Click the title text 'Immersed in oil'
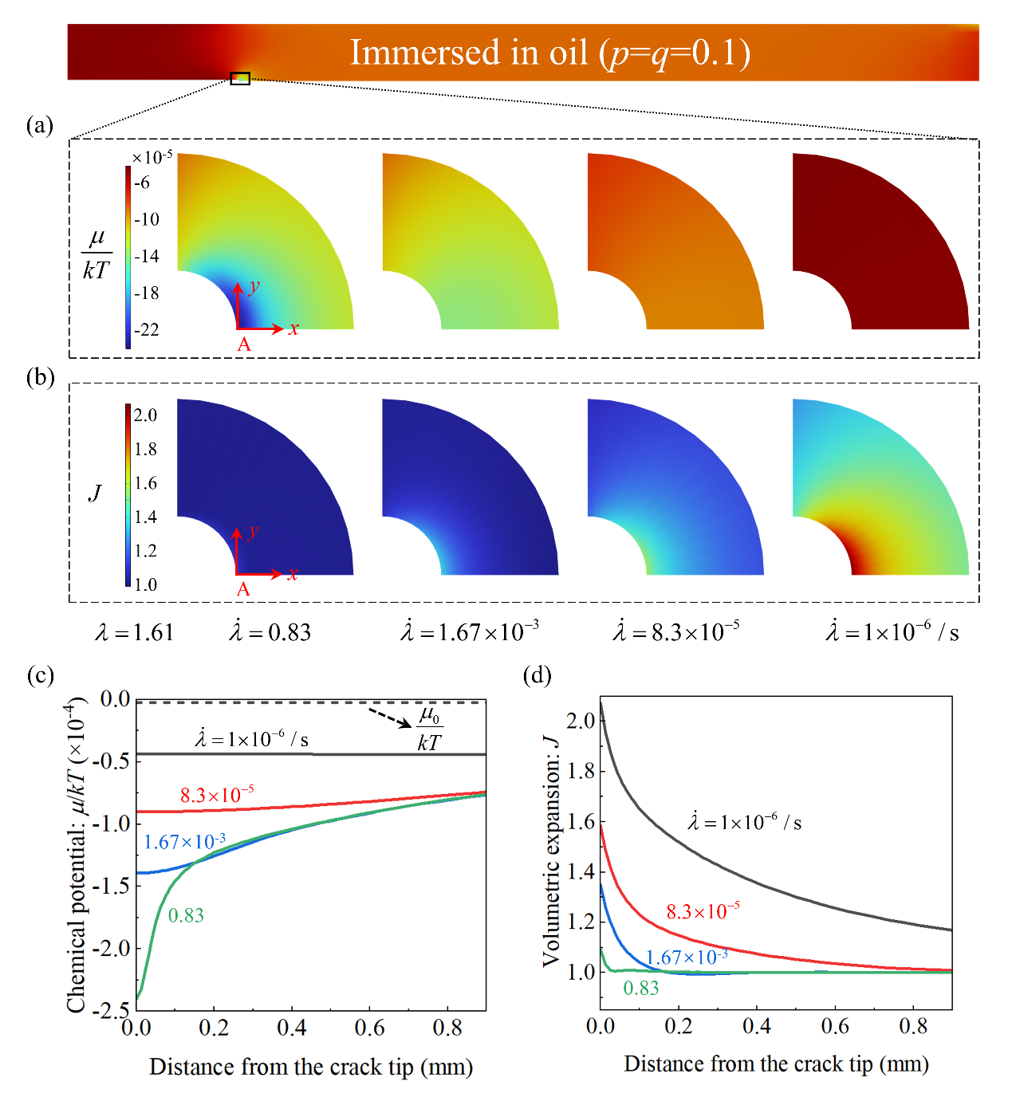point(469,53)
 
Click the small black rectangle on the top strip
point(240,78)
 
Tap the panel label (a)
point(39,125)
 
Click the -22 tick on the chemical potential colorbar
point(147,329)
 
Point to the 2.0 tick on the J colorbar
point(145,415)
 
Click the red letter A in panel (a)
point(244,344)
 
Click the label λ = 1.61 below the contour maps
point(134,633)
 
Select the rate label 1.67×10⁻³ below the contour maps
point(470,632)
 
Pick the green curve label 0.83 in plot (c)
point(186,916)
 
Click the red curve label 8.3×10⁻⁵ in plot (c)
point(217,795)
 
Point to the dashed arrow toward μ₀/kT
point(389,717)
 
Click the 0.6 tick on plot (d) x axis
point(835,1026)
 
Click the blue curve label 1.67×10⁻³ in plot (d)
point(687,957)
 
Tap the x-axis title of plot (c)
point(311,1067)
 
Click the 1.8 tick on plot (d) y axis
point(581,771)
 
